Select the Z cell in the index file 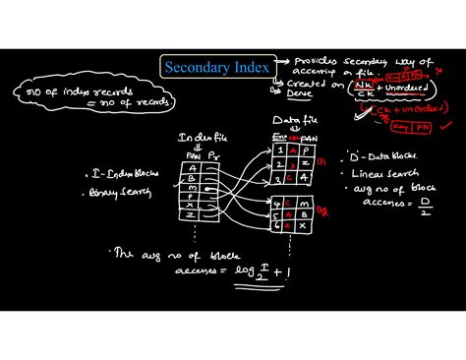coord(188,214)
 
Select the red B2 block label coord(320,210)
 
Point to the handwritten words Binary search coord(131,194)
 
